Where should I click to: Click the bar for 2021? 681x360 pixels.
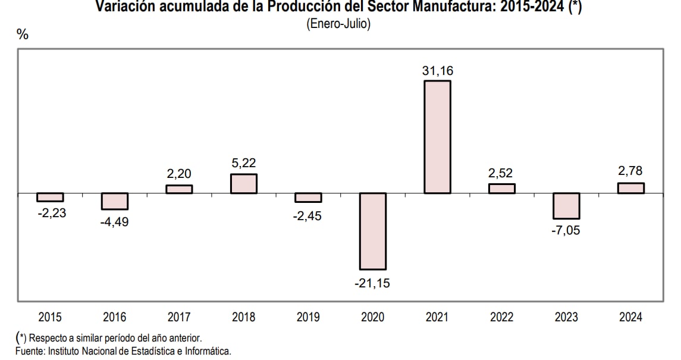[x=437, y=137]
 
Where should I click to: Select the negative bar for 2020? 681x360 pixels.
[x=372, y=231]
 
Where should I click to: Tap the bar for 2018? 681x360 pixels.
[x=244, y=184]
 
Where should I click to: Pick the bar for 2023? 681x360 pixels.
[x=566, y=206]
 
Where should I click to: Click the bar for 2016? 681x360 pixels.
[x=115, y=201]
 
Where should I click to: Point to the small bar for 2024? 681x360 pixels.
[x=630, y=188]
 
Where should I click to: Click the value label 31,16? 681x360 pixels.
[x=437, y=71]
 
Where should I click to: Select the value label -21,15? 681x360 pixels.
[x=372, y=284]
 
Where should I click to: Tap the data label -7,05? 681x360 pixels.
[x=566, y=230]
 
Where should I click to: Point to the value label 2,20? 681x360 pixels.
[x=179, y=174]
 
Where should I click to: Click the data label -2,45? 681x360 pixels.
[x=307, y=216]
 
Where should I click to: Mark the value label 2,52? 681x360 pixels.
[x=501, y=173]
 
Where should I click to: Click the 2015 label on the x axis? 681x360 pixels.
[x=50, y=317]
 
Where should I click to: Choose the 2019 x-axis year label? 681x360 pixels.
[x=308, y=317]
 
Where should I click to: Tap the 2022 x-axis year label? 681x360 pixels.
[x=501, y=317]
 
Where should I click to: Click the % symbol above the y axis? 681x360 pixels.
[x=23, y=35]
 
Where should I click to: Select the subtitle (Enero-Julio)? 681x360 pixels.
[x=338, y=24]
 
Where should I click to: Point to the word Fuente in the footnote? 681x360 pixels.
[x=29, y=351]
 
